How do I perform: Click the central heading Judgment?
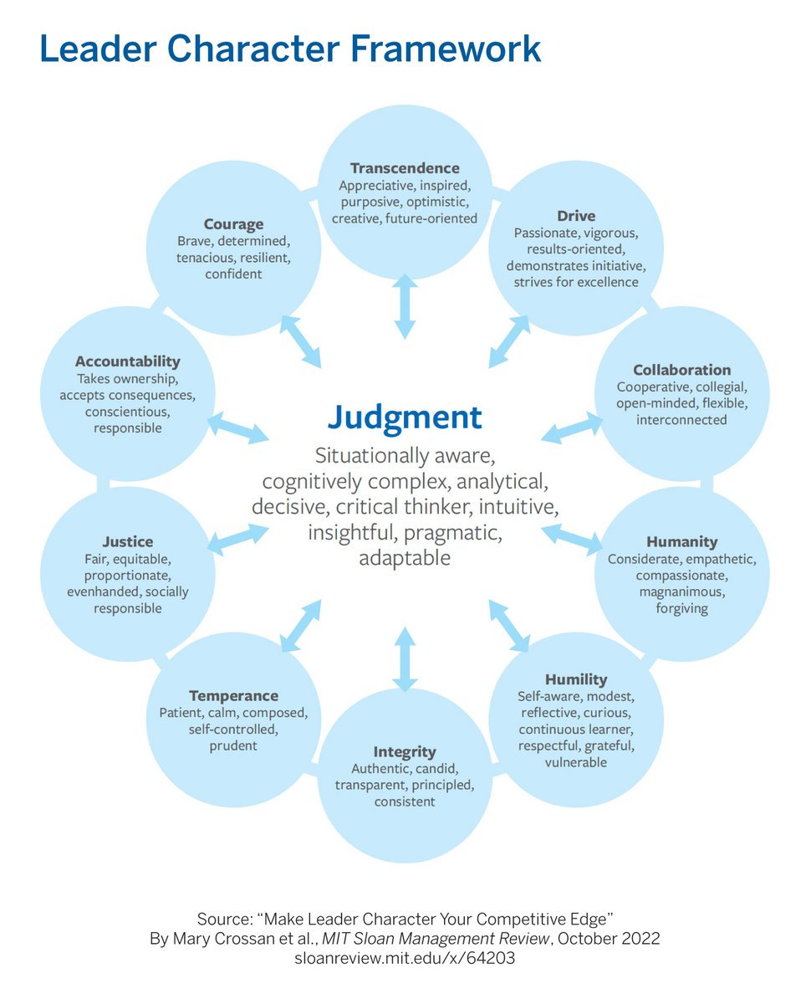405,417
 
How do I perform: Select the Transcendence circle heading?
405,168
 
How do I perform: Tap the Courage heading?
233,224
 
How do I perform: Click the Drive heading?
576,216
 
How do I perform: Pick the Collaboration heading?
681,370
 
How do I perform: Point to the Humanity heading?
681,542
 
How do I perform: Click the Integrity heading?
405,751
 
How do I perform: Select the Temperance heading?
233,696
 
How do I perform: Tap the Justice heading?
128,542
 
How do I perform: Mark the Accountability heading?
128,361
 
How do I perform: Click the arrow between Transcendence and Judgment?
405,306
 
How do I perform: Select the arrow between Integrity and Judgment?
405,659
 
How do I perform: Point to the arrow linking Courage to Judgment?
301,341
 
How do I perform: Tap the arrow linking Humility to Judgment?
509,626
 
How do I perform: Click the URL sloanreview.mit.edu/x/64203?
405,959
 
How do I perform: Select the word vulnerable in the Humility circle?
576,762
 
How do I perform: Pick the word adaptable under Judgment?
405,558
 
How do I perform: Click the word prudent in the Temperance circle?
233,746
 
